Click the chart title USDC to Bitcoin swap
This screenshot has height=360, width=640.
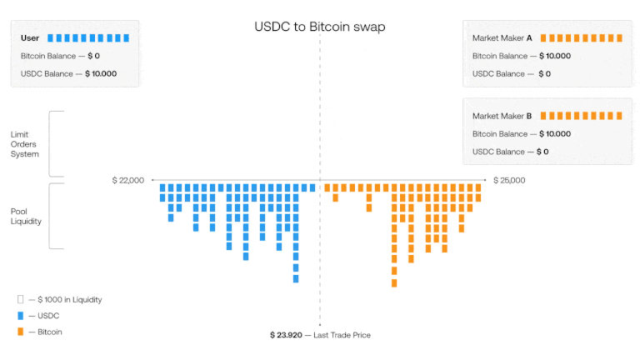[x=320, y=27]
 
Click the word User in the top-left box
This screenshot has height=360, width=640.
[x=30, y=38]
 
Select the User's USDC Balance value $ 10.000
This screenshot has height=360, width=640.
[x=101, y=73]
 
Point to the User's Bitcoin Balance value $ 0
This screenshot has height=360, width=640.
[x=94, y=56]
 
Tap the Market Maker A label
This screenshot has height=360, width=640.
[x=502, y=38]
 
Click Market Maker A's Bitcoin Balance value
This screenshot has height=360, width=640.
[x=555, y=56]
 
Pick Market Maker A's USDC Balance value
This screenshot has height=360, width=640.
[x=544, y=74]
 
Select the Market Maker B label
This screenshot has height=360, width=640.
[x=502, y=116]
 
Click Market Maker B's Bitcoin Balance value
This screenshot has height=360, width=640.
[x=555, y=134]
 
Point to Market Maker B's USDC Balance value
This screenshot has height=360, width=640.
[x=542, y=152]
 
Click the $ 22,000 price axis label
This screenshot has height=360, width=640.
[x=128, y=180]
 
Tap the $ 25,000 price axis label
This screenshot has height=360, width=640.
[x=509, y=180]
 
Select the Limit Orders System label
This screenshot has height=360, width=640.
[x=24, y=144]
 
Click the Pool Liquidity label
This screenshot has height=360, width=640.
[x=26, y=217]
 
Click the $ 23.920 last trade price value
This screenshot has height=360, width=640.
[x=286, y=335]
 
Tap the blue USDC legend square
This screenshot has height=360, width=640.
[x=20, y=316]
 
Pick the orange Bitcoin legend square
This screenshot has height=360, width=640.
[x=20, y=332]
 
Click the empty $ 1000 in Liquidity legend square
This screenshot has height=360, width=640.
[x=20, y=300]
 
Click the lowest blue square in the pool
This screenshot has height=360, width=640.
[x=296, y=279]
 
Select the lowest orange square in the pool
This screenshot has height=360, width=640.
[x=394, y=282]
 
